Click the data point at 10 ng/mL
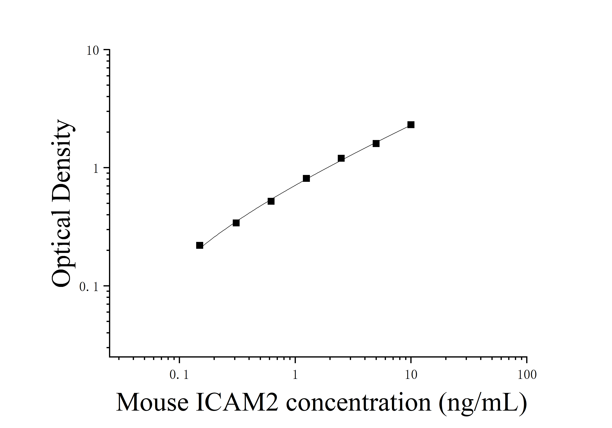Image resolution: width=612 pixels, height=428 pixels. pyautogui.click(x=411, y=124)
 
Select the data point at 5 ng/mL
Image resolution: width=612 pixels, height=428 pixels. pyautogui.click(x=376, y=144)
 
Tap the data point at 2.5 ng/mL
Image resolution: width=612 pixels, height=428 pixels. pyautogui.click(x=341, y=158)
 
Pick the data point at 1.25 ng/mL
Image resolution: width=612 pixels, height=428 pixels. pyautogui.click(x=306, y=178)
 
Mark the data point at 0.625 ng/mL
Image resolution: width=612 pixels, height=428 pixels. pyautogui.click(x=271, y=201)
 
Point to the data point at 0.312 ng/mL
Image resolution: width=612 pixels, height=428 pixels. pyautogui.click(x=236, y=223)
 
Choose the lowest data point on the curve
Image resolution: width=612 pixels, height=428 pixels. pyautogui.click(x=199, y=245)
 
